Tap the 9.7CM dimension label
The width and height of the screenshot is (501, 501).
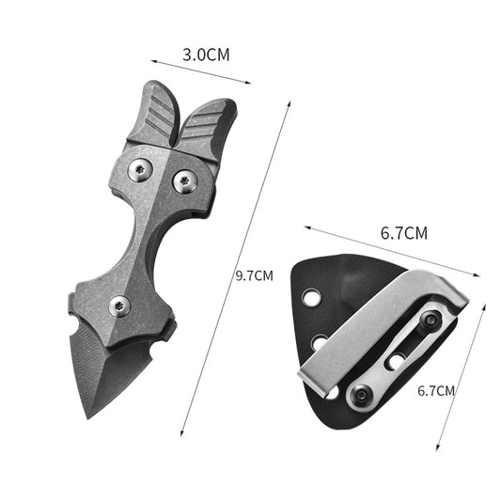click(254, 275)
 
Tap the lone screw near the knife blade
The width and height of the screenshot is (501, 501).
click(119, 304)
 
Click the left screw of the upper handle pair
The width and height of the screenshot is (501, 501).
click(141, 170)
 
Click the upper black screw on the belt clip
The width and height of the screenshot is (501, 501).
click(431, 321)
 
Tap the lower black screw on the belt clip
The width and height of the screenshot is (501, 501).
click(360, 395)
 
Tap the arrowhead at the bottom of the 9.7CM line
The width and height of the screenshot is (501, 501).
click(181, 433)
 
